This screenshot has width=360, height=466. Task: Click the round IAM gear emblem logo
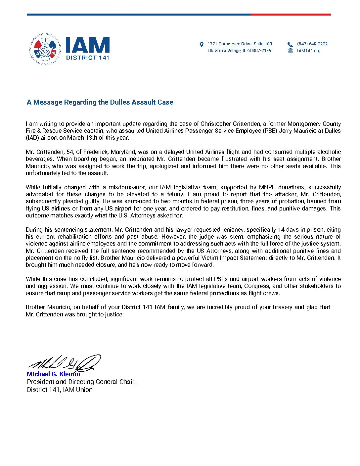[45, 49]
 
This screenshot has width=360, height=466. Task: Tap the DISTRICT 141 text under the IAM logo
[88, 57]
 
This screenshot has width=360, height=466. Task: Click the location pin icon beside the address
[202, 44]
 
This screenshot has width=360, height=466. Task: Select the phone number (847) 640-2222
[312, 44]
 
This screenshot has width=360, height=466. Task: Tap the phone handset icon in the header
[290, 44]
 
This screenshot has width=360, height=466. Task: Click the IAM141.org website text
[308, 51]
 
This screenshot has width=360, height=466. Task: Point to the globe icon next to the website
[290, 51]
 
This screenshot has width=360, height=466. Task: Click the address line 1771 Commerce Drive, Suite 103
[240, 44]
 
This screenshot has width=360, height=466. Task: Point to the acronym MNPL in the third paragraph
[267, 187]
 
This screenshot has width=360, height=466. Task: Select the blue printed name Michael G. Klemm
[53, 374]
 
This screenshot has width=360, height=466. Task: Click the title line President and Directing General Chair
[81, 382]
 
